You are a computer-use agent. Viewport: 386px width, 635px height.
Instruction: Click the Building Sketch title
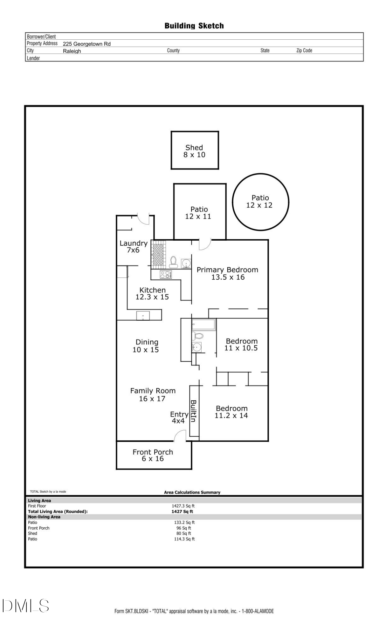pyautogui.click(x=194, y=26)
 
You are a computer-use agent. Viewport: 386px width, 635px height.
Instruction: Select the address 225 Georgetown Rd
pyautogui.click(x=86, y=44)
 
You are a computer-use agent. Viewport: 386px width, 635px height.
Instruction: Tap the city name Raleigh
pyautogui.click(x=72, y=51)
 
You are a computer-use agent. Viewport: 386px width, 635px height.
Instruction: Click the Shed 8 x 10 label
pyautogui.click(x=194, y=151)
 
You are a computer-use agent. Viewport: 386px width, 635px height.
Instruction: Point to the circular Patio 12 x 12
pyautogui.click(x=260, y=202)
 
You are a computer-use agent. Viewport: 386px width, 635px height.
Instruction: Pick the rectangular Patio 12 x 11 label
pyautogui.click(x=199, y=213)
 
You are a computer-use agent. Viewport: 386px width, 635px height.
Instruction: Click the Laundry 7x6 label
pyautogui.click(x=133, y=247)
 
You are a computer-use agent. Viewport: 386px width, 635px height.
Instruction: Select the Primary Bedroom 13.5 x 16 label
pyautogui.click(x=227, y=273)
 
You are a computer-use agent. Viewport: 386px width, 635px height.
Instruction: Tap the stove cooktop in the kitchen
pyautogui.click(x=166, y=275)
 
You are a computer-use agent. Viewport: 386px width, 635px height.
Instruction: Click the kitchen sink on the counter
pyautogui.click(x=143, y=316)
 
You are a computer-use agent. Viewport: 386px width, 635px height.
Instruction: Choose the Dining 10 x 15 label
pyautogui.click(x=146, y=346)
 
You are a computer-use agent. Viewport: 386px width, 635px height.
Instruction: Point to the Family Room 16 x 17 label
pyautogui.click(x=153, y=395)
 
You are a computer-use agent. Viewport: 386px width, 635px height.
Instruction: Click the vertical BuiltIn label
pyautogui.click(x=193, y=411)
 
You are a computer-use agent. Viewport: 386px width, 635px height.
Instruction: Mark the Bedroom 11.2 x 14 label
pyautogui.click(x=231, y=412)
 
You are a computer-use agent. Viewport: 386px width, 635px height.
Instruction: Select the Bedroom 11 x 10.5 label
pyautogui.click(x=241, y=344)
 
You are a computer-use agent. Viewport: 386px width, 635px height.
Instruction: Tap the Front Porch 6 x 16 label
pyautogui.click(x=153, y=455)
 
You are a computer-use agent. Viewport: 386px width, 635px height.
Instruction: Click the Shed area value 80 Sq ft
pyautogui.click(x=184, y=533)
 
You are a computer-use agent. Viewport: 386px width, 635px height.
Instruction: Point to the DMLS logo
pyautogui.click(x=25, y=605)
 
